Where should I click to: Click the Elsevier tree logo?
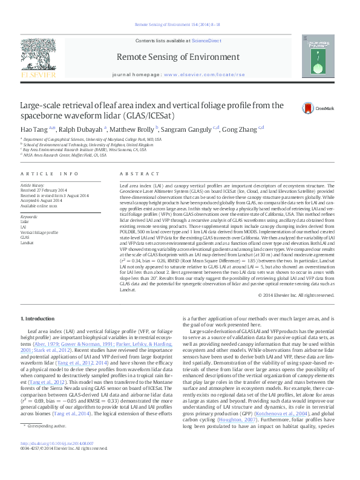click(x=38, y=57)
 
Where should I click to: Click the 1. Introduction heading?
click(x=38, y=319)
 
